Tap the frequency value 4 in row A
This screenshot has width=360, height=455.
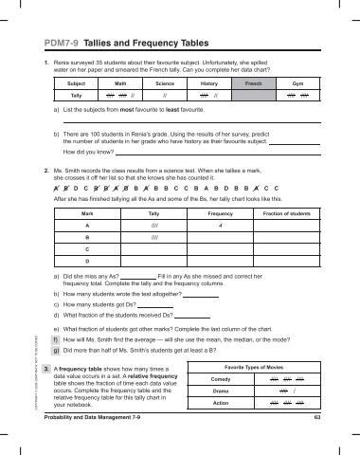tap(220, 227)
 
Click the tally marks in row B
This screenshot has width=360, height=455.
tap(153, 239)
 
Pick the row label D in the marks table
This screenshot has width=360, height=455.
tap(87, 262)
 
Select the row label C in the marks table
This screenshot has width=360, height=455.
tap(87, 250)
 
